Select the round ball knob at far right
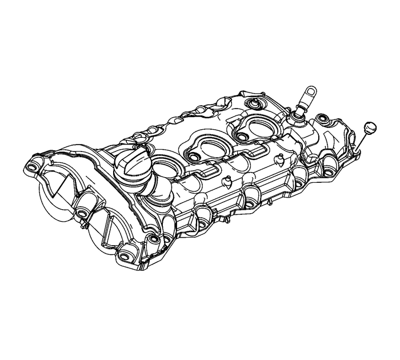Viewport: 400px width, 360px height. coord(369,126)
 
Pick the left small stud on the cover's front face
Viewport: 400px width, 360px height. coord(227,182)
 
